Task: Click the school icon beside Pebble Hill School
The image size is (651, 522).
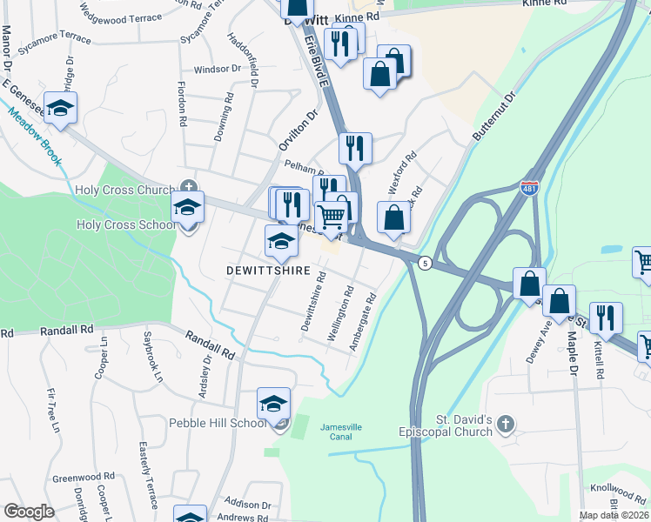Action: click(x=273, y=405)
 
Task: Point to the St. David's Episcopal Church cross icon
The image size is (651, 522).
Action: click(x=506, y=424)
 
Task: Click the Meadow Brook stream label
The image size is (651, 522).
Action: click(x=36, y=136)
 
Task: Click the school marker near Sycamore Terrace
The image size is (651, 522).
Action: click(x=61, y=108)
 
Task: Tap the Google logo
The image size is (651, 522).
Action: click(x=29, y=511)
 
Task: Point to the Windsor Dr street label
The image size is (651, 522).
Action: click(x=218, y=69)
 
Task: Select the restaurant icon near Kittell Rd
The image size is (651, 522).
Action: click(x=605, y=318)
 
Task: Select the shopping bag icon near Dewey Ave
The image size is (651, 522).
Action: click(x=529, y=284)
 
